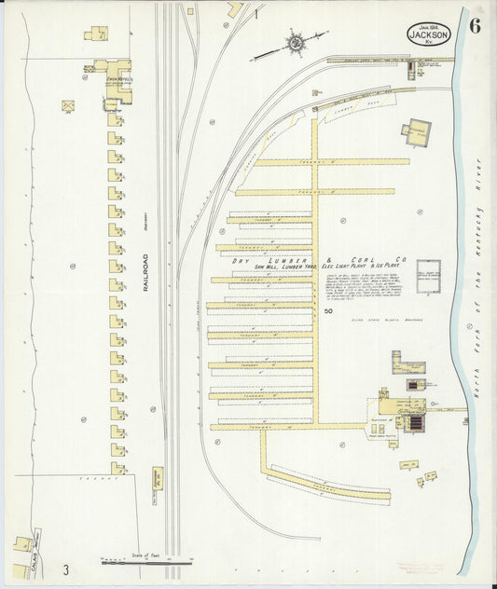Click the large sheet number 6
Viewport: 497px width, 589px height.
(476, 25)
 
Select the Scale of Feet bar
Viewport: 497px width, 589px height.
(145, 560)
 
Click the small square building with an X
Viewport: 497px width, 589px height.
(68, 106)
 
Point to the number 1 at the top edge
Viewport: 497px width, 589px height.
(255, 15)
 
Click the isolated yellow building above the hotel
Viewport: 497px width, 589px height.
(95, 34)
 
